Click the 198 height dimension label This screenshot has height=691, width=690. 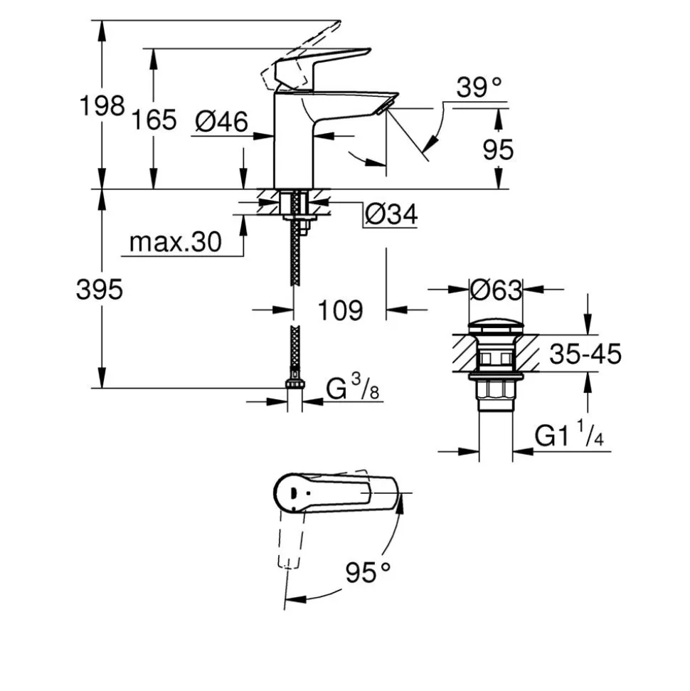pos(102,106)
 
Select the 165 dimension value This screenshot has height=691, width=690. pos(154,120)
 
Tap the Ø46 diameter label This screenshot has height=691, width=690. pos(221,122)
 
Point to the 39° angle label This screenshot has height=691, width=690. pos(479,88)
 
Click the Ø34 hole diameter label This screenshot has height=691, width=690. pos(391,215)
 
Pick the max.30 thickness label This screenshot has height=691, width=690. pos(176,242)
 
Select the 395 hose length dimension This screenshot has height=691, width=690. pos(99,290)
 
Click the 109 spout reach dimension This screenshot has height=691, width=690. pos(340,310)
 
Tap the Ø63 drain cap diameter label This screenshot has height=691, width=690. pos(496,290)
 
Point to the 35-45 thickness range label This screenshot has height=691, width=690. pos(585,354)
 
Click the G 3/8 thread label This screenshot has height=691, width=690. pos(353,387)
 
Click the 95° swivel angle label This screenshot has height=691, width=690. pos(368,573)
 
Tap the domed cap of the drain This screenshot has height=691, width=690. pos(496,328)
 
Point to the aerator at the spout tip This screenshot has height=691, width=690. pos(386,106)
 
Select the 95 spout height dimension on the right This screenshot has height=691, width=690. pos(498,150)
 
